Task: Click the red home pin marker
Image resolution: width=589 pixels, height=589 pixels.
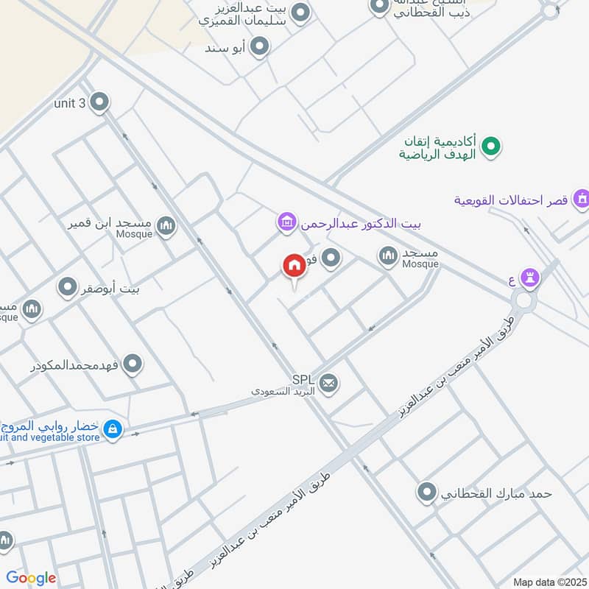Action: click(x=294, y=267)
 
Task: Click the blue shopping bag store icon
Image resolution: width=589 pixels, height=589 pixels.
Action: click(x=113, y=427)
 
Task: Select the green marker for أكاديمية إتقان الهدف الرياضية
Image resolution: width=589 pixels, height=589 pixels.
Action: click(x=492, y=147)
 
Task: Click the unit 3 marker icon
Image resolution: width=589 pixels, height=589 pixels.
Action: click(x=99, y=103)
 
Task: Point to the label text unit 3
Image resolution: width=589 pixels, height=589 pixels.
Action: click(x=70, y=103)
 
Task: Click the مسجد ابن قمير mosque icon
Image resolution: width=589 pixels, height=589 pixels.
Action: click(x=166, y=225)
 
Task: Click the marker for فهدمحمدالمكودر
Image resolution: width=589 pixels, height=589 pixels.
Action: click(x=133, y=364)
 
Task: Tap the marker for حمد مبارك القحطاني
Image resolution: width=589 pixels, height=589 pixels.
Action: click(x=426, y=493)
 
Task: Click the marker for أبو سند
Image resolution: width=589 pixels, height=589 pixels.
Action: click(x=258, y=48)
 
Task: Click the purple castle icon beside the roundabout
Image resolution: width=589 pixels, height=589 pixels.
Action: click(x=529, y=277)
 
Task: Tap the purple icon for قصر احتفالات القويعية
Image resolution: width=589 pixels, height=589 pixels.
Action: click(x=582, y=199)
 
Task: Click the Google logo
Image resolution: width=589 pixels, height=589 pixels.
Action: click(x=31, y=578)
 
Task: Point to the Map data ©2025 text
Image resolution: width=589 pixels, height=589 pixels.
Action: click(x=549, y=582)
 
